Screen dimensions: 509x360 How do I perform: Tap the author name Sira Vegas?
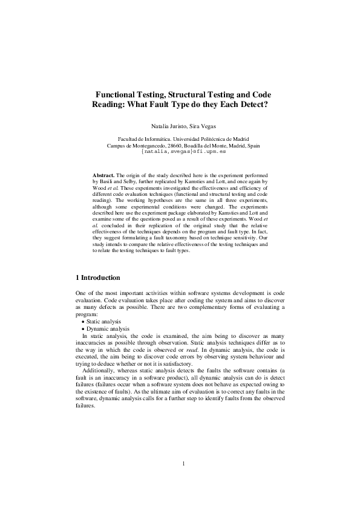coord(196,126)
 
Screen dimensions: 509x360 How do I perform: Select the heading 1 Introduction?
coord(97,277)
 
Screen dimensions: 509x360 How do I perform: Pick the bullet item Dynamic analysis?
coord(108,329)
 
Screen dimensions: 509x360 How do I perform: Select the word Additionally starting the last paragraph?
coord(96,372)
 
